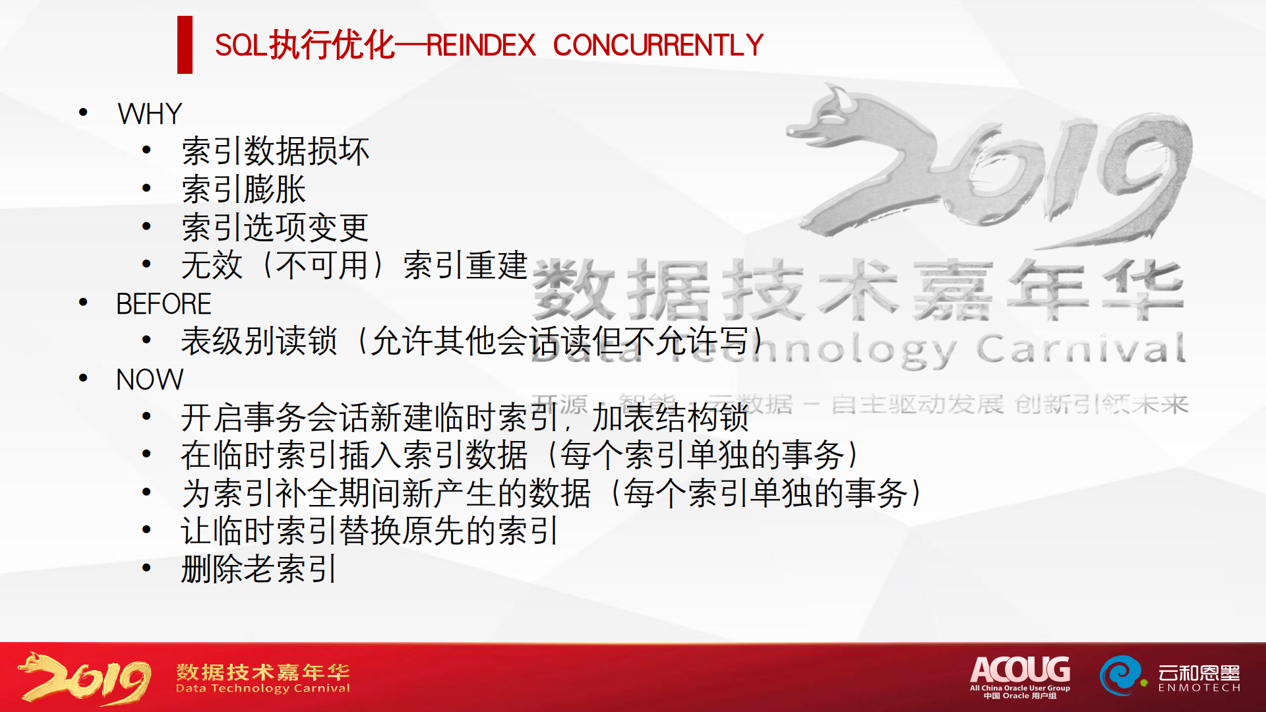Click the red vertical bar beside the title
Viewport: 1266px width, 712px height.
tap(185, 45)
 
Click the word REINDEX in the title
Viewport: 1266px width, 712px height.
tap(481, 45)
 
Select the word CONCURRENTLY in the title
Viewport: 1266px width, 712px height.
tap(658, 45)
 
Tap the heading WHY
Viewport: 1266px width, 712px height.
tap(150, 114)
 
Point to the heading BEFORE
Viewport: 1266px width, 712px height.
tap(164, 304)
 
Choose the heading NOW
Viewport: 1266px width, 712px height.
tap(150, 380)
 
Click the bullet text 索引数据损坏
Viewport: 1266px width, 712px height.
tap(275, 152)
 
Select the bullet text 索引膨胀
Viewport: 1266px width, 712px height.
tap(243, 190)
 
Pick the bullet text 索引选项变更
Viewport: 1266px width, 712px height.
tap(275, 227)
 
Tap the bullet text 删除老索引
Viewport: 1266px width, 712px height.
tap(259, 569)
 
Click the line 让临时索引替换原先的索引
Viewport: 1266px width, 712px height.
tap(370, 531)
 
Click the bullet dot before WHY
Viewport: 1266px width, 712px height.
tap(83, 113)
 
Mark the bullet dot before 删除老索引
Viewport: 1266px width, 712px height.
tap(146, 568)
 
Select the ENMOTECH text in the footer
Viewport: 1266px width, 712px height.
tap(1199, 688)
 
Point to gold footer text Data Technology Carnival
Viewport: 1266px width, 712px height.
tap(263, 688)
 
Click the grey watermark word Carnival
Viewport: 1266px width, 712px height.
tap(1081, 349)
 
